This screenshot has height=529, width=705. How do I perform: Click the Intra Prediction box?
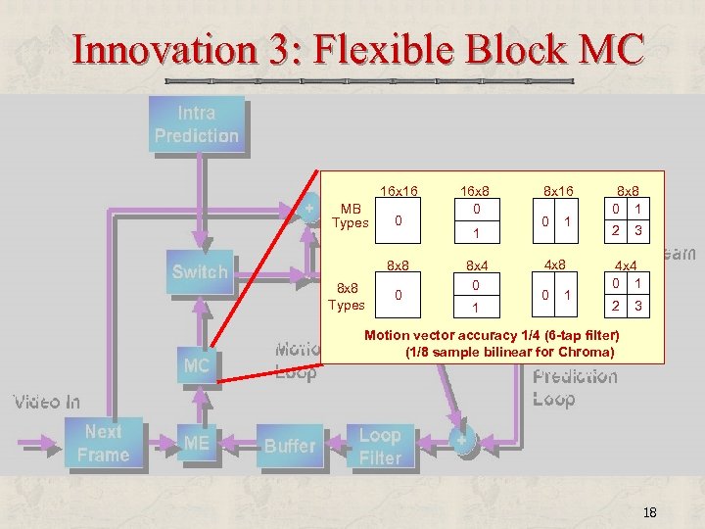click(x=196, y=124)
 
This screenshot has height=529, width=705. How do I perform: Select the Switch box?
click(x=199, y=272)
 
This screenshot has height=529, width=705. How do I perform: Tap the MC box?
click(x=197, y=365)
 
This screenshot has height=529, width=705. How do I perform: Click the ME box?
click(x=197, y=443)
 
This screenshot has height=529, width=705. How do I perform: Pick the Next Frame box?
click(x=103, y=443)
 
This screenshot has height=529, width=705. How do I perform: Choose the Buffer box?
click(x=290, y=446)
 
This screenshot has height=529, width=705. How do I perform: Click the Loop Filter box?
click(x=380, y=446)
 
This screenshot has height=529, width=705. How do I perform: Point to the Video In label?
click(x=47, y=402)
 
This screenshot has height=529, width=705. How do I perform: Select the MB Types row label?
click(x=350, y=216)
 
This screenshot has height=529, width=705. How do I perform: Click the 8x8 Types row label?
click(x=346, y=297)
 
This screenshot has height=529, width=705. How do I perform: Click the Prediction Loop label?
click(x=575, y=388)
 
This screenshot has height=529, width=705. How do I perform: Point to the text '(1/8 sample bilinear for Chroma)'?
click(x=509, y=352)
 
